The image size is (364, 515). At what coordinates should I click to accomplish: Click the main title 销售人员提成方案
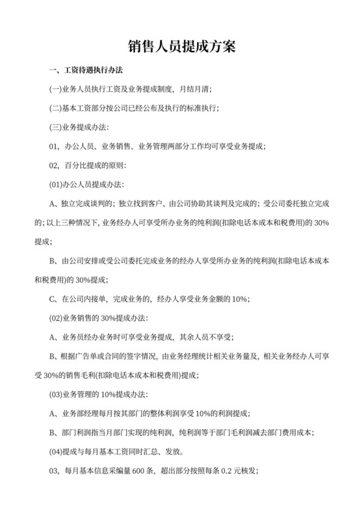point(181,47)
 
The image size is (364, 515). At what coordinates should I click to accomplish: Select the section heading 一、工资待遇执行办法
point(86,70)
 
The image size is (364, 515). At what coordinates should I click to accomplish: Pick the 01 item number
point(55,146)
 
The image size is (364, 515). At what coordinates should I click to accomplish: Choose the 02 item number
point(55,165)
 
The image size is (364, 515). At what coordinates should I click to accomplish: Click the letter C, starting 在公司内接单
point(53,299)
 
